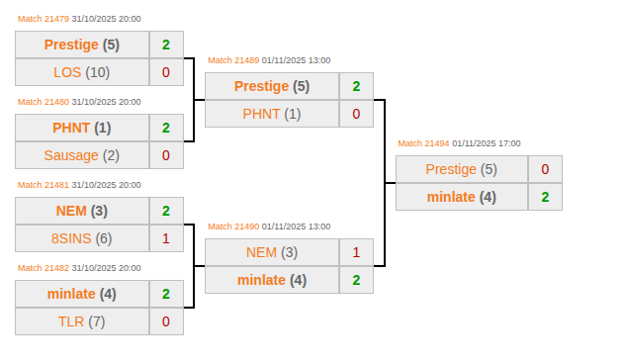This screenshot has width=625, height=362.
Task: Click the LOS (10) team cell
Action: click(x=82, y=72)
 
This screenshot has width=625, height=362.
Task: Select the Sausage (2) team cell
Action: click(x=82, y=155)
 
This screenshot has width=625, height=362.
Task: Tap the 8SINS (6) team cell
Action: click(x=82, y=238)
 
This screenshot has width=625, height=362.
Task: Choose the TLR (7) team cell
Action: click(x=82, y=321)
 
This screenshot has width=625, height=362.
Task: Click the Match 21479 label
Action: click(x=44, y=19)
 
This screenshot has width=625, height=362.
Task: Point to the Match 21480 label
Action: click(x=44, y=102)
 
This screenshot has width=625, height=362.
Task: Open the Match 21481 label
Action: click(x=44, y=185)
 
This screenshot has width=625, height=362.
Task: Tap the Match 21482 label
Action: click(x=44, y=268)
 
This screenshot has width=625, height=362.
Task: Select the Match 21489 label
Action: click(x=233, y=60)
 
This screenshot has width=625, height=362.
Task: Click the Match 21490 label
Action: click(x=233, y=226)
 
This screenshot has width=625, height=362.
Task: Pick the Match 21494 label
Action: click(x=423, y=143)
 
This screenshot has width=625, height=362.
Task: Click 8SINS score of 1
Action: click(x=166, y=238)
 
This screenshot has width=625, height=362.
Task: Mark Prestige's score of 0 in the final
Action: click(x=545, y=169)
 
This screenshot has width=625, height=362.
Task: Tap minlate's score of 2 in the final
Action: click(x=545, y=197)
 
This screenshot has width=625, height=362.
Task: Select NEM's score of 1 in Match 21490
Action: click(x=356, y=252)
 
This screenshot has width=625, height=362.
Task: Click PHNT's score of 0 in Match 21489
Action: click(x=356, y=114)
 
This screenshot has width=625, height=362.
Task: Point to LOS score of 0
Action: click(x=166, y=72)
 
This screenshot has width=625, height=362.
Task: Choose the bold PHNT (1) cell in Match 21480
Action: click(x=82, y=128)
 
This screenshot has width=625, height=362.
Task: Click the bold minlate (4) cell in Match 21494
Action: click(x=462, y=197)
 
